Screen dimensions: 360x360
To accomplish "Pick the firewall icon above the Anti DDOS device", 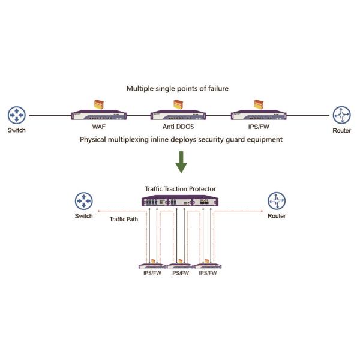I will click(x=178, y=103).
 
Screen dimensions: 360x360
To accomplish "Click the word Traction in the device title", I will click(x=178, y=189).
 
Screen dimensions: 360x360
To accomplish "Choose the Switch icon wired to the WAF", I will click(x=17, y=115).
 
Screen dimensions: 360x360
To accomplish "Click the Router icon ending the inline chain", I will click(x=342, y=115).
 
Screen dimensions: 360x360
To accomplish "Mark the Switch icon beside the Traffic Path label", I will click(x=83, y=200).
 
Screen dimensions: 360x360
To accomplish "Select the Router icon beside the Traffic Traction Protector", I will click(x=277, y=200).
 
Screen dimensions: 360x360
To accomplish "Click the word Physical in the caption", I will click(x=96, y=139).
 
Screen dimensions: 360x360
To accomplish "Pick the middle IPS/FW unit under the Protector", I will click(x=180, y=265).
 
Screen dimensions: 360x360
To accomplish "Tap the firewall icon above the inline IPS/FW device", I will click(x=259, y=103).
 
